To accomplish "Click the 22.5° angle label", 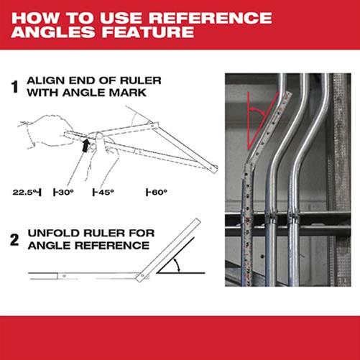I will (x=27, y=193).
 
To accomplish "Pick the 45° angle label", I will (x=105, y=193).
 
